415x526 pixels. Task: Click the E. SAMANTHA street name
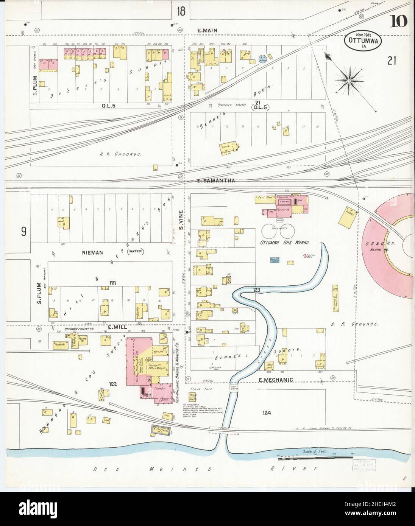tap(216, 181)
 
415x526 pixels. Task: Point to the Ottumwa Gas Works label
tap(285, 242)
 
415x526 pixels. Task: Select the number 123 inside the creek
tap(257, 290)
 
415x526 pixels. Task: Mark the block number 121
tap(112, 283)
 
